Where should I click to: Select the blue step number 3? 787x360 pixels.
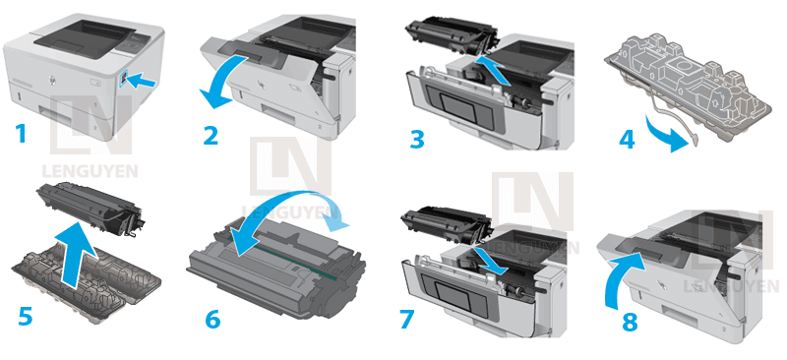(x=417, y=138)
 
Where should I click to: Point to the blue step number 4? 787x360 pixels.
(x=627, y=139)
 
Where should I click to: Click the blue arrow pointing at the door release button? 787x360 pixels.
(x=142, y=85)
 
